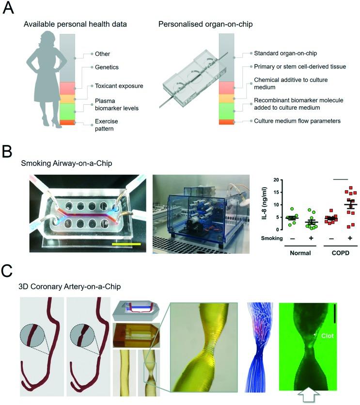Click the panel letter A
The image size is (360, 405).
[x=9, y=9]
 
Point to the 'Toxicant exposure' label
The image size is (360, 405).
[x=119, y=85]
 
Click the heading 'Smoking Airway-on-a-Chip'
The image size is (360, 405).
[x=66, y=164]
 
